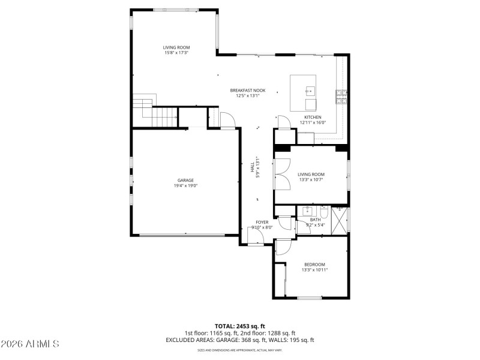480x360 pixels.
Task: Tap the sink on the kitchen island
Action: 310,91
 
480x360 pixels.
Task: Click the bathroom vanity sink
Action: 307,211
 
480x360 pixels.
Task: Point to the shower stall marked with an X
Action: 340,220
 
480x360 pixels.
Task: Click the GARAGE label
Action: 185,180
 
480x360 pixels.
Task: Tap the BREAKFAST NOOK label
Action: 247,91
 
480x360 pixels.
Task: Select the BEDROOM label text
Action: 314,265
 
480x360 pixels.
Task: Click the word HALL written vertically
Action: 253,167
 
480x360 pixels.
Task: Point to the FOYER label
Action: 262,222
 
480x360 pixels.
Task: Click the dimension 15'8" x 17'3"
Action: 176,53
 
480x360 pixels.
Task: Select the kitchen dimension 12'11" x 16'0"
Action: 313,122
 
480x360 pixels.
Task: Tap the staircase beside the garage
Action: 155,112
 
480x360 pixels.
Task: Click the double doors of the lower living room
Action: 281,174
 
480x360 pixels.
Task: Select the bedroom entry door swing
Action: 283,248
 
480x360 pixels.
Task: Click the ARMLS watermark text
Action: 30,344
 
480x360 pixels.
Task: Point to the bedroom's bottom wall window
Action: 310,298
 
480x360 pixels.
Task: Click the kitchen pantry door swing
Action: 227,119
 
